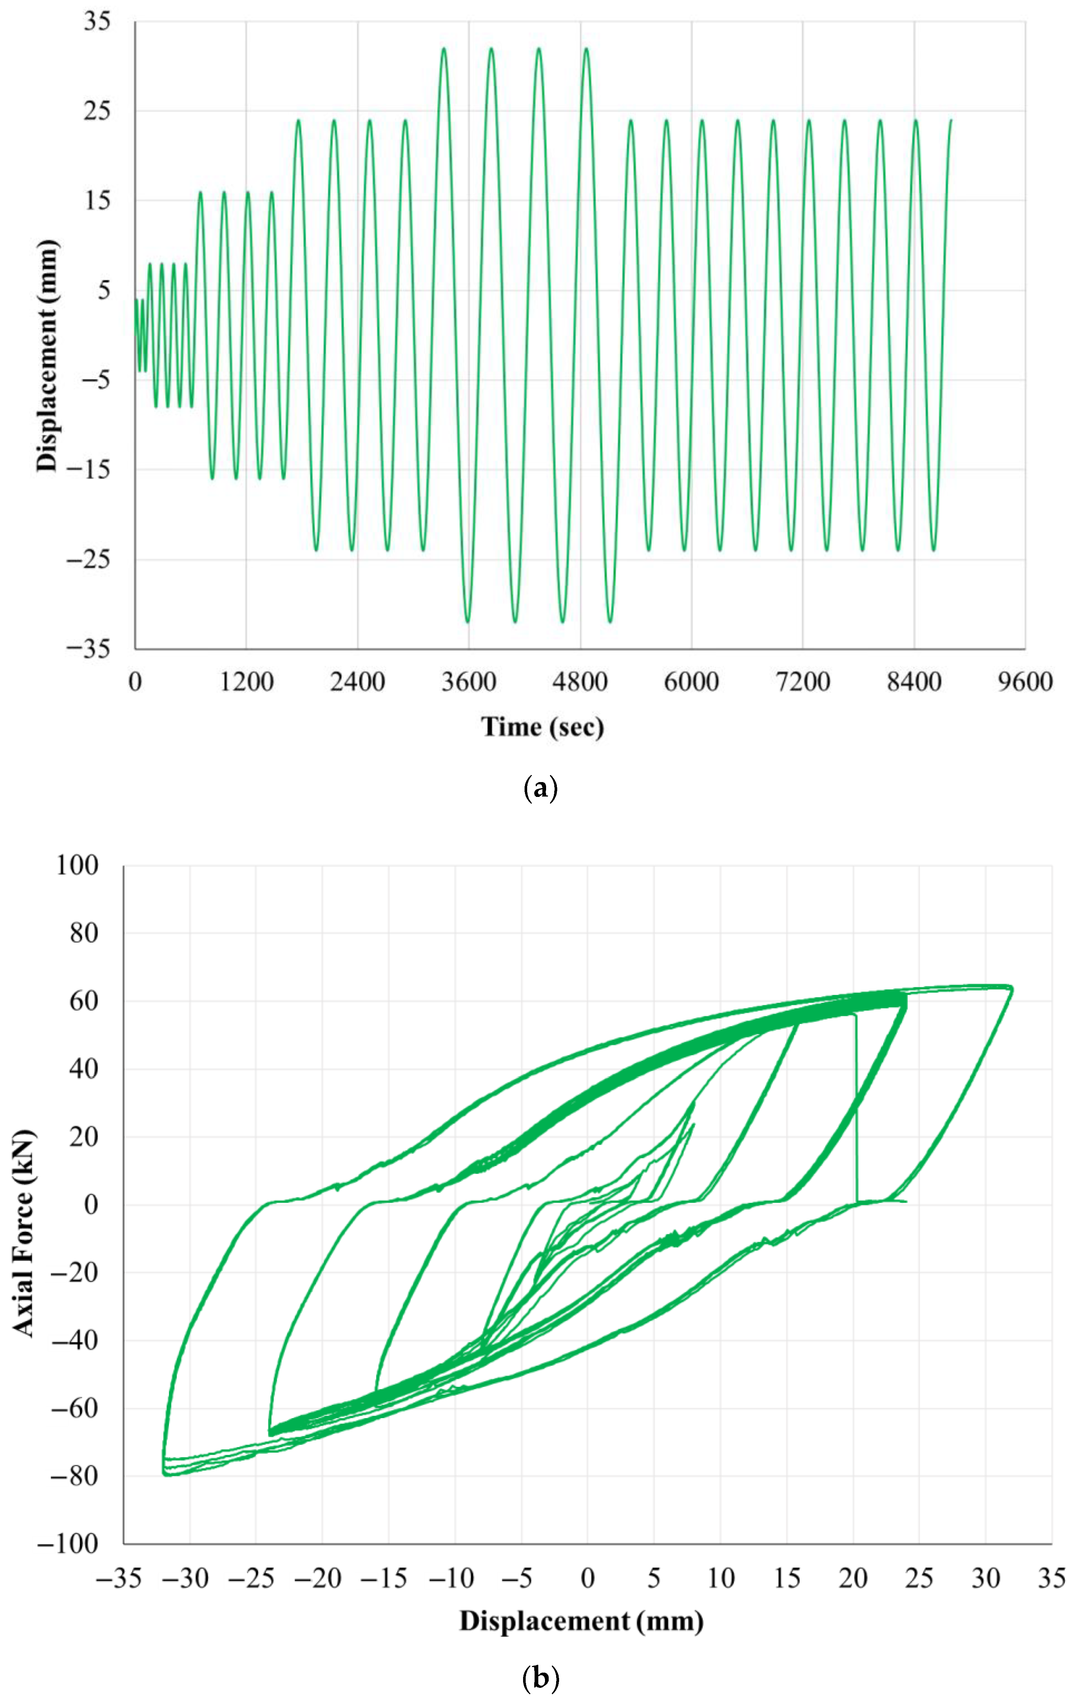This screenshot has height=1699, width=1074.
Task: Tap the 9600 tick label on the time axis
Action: (1025, 682)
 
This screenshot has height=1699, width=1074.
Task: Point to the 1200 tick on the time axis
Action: (246, 682)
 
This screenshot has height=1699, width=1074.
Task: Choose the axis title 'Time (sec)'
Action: (542, 726)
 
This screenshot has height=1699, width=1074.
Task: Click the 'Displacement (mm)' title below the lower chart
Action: (581, 1621)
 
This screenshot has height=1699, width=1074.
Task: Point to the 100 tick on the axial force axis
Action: (77, 865)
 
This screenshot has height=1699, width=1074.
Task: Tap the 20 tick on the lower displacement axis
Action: (853, 1578)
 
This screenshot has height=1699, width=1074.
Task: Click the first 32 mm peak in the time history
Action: (444, 49)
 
